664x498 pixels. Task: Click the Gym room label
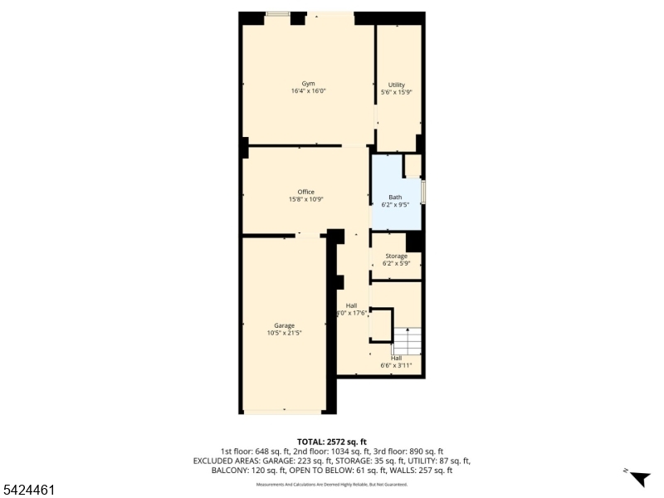coord(308,84)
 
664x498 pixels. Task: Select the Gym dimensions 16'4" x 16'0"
coord(308,91)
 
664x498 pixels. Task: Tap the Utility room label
coord(396,85)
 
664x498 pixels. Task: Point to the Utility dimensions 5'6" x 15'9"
coord(396,93)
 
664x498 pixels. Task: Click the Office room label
coord(305,192)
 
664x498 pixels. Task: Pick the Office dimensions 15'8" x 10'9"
coord(305,199)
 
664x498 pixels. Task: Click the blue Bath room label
coord(395,197)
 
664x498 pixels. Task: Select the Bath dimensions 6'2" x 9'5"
coord(395,204)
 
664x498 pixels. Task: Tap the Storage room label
coord(396,256)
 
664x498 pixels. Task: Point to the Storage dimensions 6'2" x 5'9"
coord(396,264)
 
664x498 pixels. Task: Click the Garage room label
coord(285,325)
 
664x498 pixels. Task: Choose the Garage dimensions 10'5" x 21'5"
coord(285,333)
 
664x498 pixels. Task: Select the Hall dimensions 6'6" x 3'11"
coord(396,365)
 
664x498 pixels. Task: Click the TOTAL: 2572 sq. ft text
coord(331,442)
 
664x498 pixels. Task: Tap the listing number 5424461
coord(30,491)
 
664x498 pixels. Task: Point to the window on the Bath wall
coord(422,192)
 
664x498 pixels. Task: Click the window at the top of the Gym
coord(277,14)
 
